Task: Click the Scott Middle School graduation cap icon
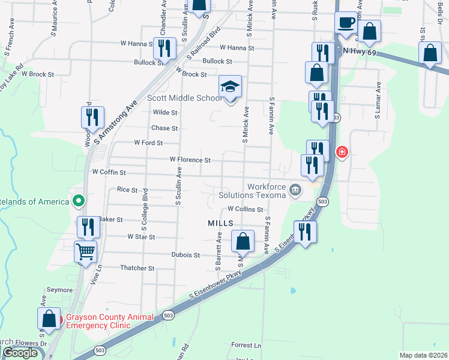coord(230,86)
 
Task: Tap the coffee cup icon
coord(345,23)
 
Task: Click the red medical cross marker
coord(342,152)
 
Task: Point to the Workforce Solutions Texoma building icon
coord(295,190)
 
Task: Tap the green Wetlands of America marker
coord(77,201)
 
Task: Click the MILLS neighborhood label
coord(220,223)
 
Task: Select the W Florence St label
coord(190,160)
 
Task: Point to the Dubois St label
coord(185,255)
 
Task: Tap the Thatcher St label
coord(137,268)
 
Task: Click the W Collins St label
coord(245,209)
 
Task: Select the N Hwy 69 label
coord(360,52)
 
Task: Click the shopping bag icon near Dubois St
coord(243,242)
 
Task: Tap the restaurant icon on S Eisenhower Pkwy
coord(304,231)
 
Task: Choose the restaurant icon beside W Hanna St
coord(164,48)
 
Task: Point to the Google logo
coord(20,353)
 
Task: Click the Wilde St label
coord(165,112)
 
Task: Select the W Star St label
coord(141,237)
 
